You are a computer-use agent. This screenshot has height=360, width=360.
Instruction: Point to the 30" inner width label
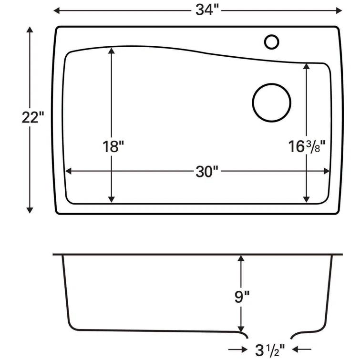tap(206, 172)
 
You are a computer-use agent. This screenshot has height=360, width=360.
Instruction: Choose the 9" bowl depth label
tap(242, 298)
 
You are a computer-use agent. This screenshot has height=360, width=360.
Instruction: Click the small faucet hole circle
tap(271, 41)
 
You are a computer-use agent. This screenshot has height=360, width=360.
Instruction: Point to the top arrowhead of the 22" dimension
tap(30, 31)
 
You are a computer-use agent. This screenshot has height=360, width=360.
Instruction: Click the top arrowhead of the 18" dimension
tap(112, 51)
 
